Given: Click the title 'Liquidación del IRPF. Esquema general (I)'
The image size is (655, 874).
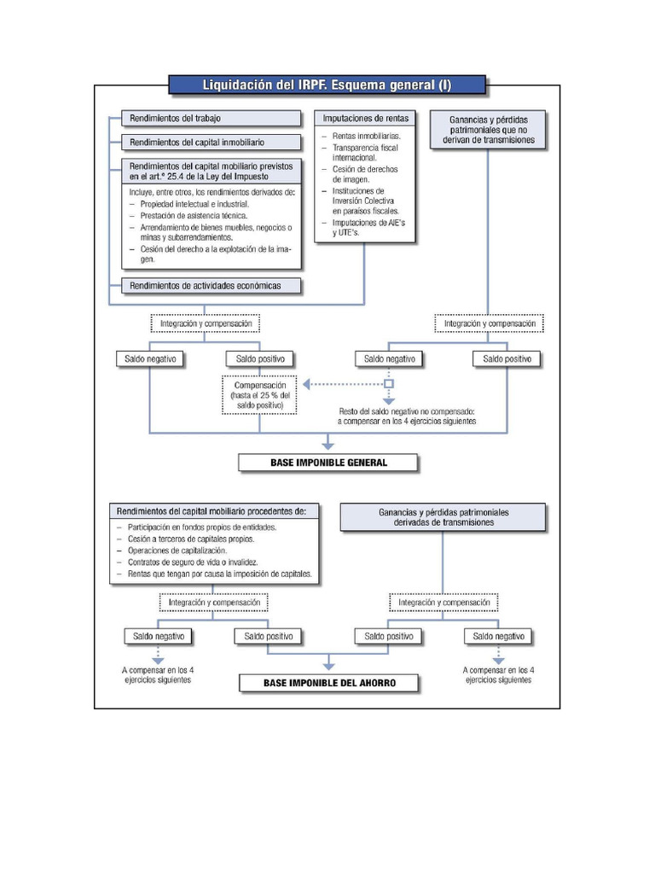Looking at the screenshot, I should [327, 84].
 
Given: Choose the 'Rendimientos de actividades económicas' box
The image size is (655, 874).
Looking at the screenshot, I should [211, 285].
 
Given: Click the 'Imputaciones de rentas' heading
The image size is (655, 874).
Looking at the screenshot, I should [366, 118].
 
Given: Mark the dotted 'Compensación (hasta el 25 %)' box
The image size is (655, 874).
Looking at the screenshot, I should [260, 396].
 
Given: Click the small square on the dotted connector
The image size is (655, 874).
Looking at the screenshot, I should [389, 384].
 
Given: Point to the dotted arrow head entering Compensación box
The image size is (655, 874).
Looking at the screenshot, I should [308, 384].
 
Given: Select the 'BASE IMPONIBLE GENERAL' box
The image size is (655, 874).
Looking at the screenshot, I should [328, 463].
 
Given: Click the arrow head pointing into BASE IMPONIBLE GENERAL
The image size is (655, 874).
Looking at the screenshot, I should [328, 444].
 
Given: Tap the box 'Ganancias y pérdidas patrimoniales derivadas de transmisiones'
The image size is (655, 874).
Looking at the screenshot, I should [443, 517].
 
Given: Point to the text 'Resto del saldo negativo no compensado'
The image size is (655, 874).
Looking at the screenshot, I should [406, 411].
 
